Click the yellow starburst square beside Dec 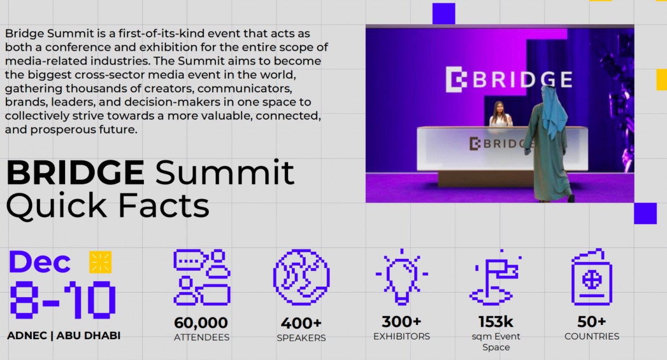[x=101, y=262]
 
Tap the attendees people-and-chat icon [x=202, y=277]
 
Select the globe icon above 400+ [x=301, y=277]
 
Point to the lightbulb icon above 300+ [x=402, y=277]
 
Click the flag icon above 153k [x=495, y=277]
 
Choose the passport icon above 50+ [x=592, y=277]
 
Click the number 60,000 [x=201, y=323]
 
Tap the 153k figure [x=496, y=322]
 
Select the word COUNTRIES [x=592, y=336]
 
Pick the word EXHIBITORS [x=402, y=336]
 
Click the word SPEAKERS [x=301, y=338]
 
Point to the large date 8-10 [x=62, y=300]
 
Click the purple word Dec [x=39, y=262]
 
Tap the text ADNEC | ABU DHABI [x=64, y=335]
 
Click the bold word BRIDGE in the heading [x=75, y=173]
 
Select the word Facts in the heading [x=164, y=206]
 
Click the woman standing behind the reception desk [x=501, y=114]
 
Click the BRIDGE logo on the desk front [x=501, y=144]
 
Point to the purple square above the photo [x=444, y=14]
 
